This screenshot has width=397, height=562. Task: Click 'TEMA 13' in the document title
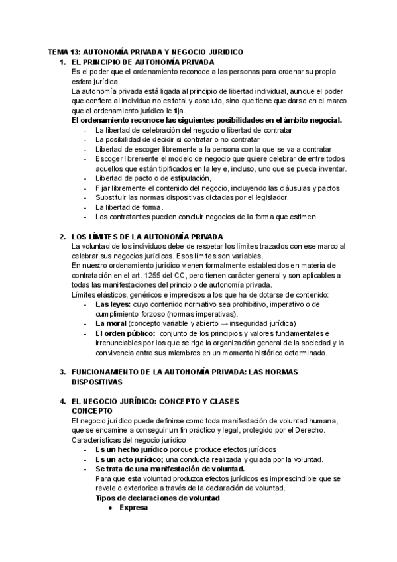click(63, 52)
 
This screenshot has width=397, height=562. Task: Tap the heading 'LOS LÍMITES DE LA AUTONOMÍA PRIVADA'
click(146, 237)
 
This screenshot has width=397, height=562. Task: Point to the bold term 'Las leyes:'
click(113, 304)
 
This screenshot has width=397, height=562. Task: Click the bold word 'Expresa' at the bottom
click(133, 508)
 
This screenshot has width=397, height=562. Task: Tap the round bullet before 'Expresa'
click(110, 508)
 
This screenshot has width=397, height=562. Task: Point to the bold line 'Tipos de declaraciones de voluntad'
click(158, 498)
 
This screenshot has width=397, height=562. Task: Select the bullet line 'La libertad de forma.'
click(129, 207)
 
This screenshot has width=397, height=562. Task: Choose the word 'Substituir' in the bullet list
click(111, 197)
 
